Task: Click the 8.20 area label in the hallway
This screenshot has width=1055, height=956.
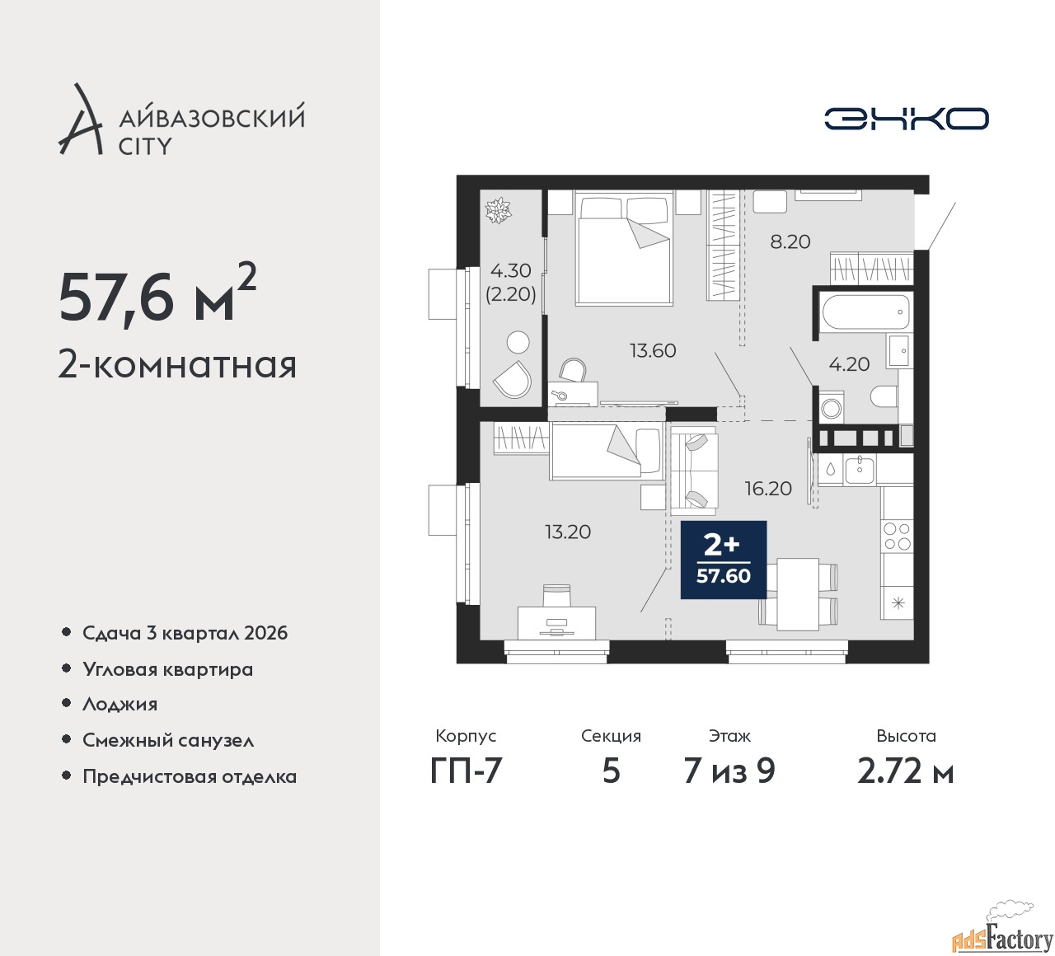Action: point(790,242)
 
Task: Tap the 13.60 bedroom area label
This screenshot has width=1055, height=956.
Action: point(653,350)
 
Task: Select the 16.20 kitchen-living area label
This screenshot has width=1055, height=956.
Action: point(768,489)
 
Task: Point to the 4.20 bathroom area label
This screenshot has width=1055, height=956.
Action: point(849,364)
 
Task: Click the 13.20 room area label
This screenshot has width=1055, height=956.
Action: point(568,532)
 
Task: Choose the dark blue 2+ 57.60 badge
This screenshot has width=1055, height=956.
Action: point(723,560)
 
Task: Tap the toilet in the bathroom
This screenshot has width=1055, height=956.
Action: point(884,396)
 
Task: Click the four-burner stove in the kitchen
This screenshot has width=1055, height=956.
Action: point(897,536)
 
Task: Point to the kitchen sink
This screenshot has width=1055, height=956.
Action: point(860,470)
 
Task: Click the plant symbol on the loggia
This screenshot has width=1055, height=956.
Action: point(498,210)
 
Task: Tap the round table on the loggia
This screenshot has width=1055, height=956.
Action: point(518,342)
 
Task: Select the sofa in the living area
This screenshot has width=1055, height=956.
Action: point(692,471)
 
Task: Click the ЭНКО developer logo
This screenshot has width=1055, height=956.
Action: point(906,119)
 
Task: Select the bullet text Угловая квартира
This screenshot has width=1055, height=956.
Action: point(168,670)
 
